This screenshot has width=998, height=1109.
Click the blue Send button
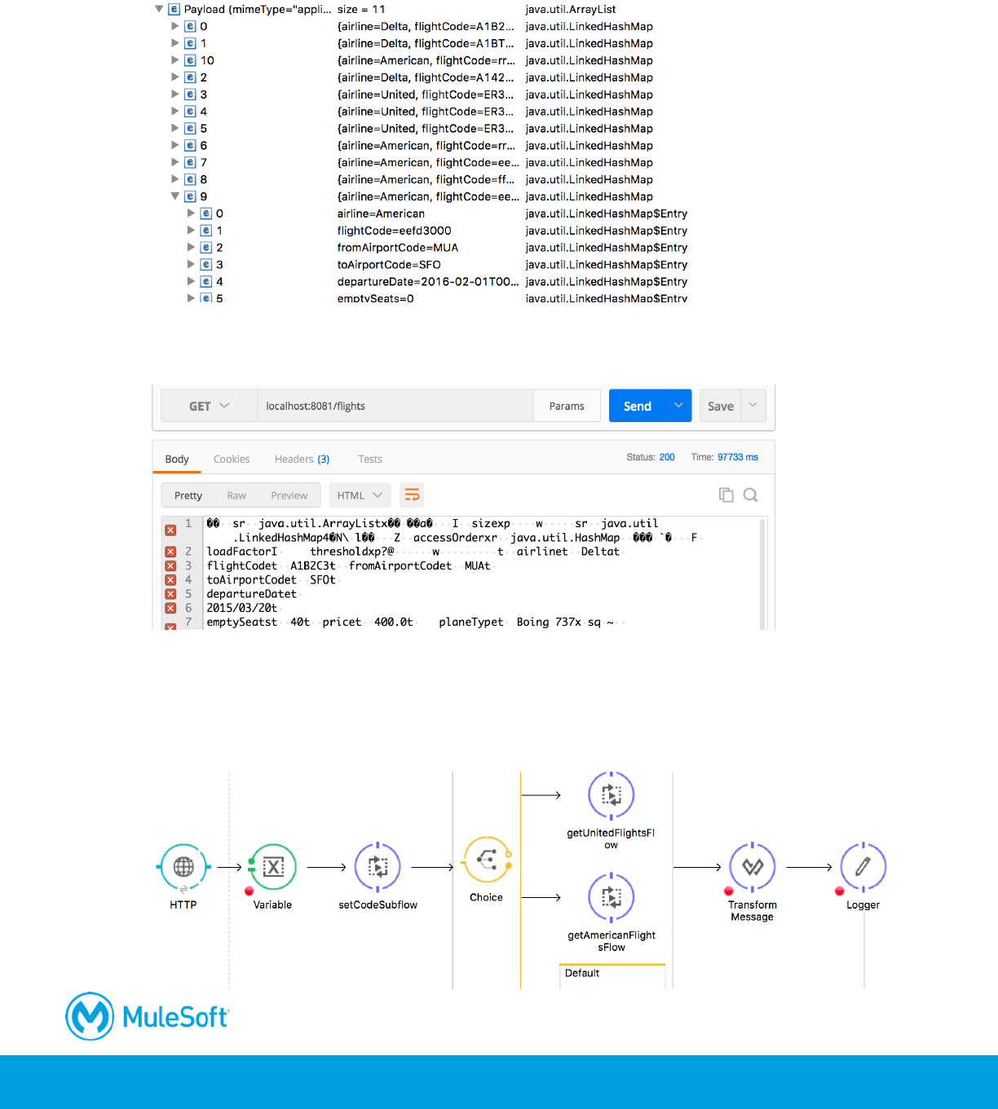click(x=638, y=406)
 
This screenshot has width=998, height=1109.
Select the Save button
click(x=721, y=406)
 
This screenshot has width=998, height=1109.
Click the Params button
click(x=567, y=406)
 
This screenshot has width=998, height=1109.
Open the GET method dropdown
click(x=210, y=406)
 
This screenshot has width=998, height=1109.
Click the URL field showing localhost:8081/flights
click(x=395, y=406)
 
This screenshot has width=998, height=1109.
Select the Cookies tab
click(x=232, y=459)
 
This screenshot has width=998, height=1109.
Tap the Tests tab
click(x=370, y=459)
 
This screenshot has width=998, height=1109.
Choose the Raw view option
click(x=236, y=495)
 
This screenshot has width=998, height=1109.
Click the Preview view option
click(x=289, y=495)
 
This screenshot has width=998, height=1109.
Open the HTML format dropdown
click(x=360, y=495)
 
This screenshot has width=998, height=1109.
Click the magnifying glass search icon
click(x=751, y=495)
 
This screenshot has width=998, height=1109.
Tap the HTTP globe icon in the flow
click(x=183, y=867)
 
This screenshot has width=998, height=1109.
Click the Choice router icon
click(x=487, y=860)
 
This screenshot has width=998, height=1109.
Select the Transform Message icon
click(x=752, y=867)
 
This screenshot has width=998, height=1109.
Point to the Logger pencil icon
click(x=863, y=867)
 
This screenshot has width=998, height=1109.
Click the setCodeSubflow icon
click(x=378, y=867)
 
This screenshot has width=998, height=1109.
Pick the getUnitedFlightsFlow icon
click(x=611, y=794)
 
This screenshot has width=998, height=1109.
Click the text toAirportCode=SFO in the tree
click(x=389, y=265)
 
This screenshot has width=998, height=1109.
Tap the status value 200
click(x=667, y=457)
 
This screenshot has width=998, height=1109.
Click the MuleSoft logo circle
click(x=90, y=1016)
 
